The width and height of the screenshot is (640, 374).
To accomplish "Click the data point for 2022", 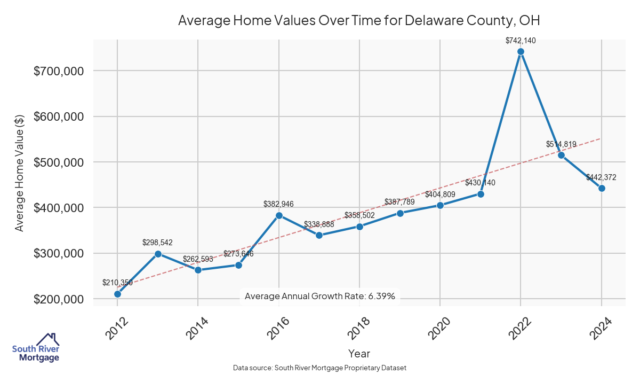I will [521, 51].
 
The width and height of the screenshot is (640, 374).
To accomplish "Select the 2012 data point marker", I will [117, 294].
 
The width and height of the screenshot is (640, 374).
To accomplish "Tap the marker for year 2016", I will [279, 215].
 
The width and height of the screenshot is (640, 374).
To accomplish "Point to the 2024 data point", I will [602, 188].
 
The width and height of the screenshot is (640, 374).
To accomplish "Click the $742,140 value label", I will [521, 40].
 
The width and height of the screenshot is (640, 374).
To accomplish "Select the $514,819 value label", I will [561, 144].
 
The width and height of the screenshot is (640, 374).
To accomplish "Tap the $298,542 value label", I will [158, 243].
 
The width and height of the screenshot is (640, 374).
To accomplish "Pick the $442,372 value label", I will [601, 177].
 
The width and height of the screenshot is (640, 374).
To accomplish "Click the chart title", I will [359, 21].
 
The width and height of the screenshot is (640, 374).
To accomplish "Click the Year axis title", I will [359, 353].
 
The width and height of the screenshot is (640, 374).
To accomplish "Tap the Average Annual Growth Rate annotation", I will [319, 296].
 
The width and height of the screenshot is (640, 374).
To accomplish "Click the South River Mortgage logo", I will [36, 348].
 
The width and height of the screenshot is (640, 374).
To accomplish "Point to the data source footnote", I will [320, 368].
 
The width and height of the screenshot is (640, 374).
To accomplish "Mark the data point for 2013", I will [158, 254].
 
